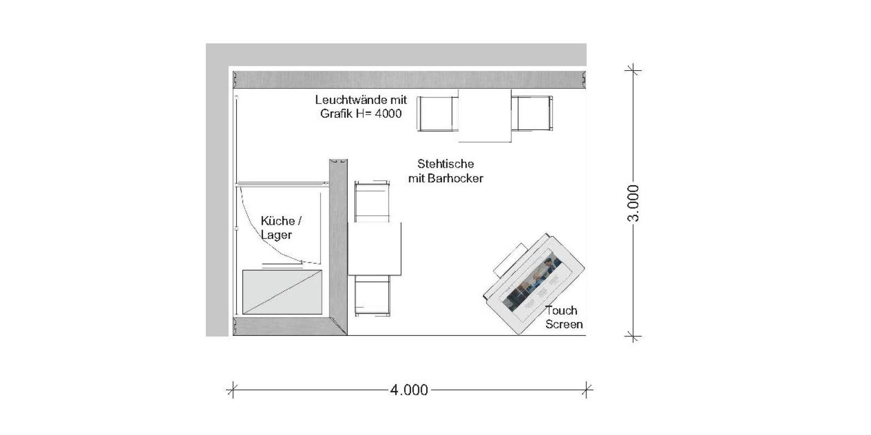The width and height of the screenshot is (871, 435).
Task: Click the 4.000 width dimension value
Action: tap(409, 389)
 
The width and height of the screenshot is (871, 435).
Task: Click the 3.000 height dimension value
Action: tap(634, 203)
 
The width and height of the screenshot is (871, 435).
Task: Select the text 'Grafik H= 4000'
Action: tap(361, 113)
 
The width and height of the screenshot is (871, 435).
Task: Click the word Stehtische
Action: tap(446, 164)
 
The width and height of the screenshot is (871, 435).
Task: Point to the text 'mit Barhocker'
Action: tap(446, 178)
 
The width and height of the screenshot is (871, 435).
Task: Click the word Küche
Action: tap(278, 221)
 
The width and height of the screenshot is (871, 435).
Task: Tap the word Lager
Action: tap(276, 235)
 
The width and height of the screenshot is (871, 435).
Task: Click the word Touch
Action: tap(561, 310)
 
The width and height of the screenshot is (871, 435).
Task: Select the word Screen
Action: tap(564, 324)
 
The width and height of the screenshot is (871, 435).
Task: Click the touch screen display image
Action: tap(533, 285)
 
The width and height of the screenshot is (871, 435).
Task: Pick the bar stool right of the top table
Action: tap(532, 113)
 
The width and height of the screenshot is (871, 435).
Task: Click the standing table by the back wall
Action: tap(485, 115)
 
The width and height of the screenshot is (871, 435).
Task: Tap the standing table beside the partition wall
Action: tap(375, 249)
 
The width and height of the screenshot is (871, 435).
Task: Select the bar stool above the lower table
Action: tap(372, 201)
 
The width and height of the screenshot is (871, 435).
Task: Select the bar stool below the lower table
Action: tap(372, 296)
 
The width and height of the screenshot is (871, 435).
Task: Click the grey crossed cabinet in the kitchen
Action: tap(283, 292)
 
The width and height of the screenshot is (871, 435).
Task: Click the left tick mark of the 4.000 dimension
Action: tap(232, 389)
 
